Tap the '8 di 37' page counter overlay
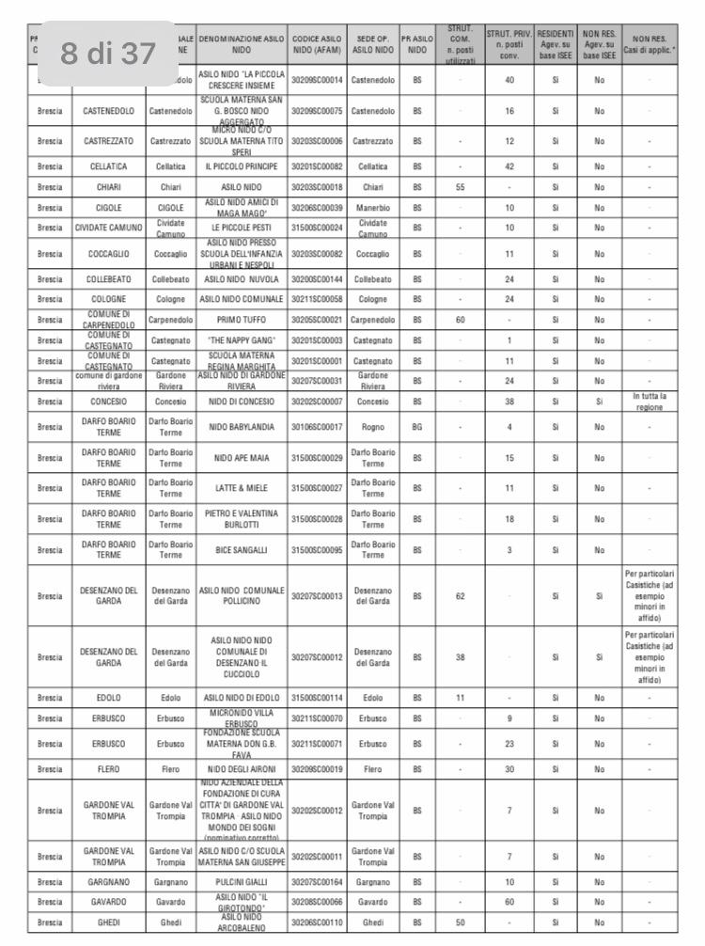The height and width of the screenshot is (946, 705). pyautogui.click(x=108, y=54)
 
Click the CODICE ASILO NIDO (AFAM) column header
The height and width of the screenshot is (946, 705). pyautogui.click(x=317, y=44)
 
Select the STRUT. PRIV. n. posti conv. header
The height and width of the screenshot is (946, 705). pyautogui.click(x=509, y=44)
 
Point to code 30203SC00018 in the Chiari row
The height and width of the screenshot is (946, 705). pyautogui.click(x=317, y=186)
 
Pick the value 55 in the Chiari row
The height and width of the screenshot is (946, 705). pyautogui.click(x=460, y=186)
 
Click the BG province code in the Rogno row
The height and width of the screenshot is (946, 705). pyautogui.click(x=416, y=427)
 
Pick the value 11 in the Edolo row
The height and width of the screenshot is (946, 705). pyautogui.click(x=460, y=699)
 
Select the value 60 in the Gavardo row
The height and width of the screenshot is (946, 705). pyautogui.click(x=509, y=902)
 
